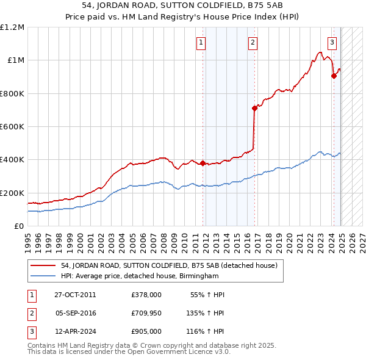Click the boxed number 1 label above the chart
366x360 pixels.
click(201, 42)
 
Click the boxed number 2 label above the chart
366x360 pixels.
click(253, 42)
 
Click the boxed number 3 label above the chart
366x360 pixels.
click(332, 42)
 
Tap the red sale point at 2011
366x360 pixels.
click(203, 163)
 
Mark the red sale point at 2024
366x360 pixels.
click(334, 76)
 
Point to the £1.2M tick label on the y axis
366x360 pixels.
click(12, 27)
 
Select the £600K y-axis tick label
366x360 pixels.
click(12, 127)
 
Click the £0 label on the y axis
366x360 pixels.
click(18, 226)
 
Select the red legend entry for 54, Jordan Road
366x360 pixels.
click(170, 265)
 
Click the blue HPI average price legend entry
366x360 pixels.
click(139, 276)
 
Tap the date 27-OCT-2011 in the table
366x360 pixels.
click(75, 295)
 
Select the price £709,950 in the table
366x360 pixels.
click(146, 314)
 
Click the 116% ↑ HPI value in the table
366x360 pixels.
click(206, 332)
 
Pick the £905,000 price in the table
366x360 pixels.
click(146, 332)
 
